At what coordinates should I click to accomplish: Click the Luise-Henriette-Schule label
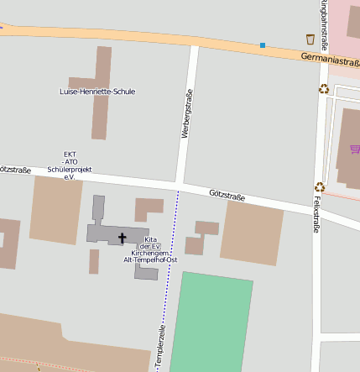pyautogui.click(x=97, y=92)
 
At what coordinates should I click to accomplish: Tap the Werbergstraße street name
pyautogui.click(x=186, y=113)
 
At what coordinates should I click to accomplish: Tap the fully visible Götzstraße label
pyautogui.click(x=227, y=196)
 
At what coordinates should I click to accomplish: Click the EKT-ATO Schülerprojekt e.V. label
pyautogui.click(x=70, y=166)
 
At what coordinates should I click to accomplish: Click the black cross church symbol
pyautogui.click(x=123, y=238)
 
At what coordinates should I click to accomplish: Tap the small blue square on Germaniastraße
pyautogui.click(x=263, y=45)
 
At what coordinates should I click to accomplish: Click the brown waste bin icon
pyautogui.click(x=310, y=39)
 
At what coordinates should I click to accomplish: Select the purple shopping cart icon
pyautogui.click(x=355, y=149)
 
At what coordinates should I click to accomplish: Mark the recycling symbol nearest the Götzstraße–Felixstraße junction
pyautogui.click(x=319, y=187)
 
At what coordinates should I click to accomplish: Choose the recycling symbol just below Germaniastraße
pyautogui.click(x=323, y=89)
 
